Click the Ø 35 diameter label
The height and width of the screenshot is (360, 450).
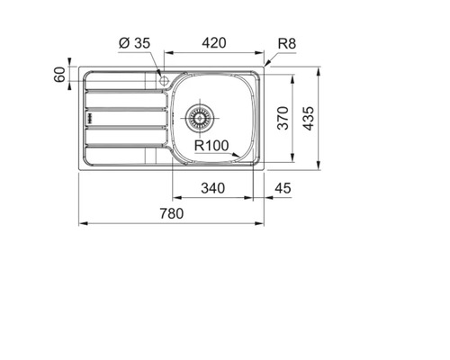pos(134,43)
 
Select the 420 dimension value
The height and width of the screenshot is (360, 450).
pos(214,43)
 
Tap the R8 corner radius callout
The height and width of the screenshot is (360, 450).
pos(287,44)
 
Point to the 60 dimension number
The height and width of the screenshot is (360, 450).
pos(59,75)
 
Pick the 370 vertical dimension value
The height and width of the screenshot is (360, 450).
pos(283,118)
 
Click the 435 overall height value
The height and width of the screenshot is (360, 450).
pos(309,119)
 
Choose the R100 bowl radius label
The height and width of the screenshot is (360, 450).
pos(211,146)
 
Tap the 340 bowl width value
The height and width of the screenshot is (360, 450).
pos(212,188)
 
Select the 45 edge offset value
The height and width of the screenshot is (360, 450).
pos(283,188)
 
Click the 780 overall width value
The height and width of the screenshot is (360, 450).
pos(171,214)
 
